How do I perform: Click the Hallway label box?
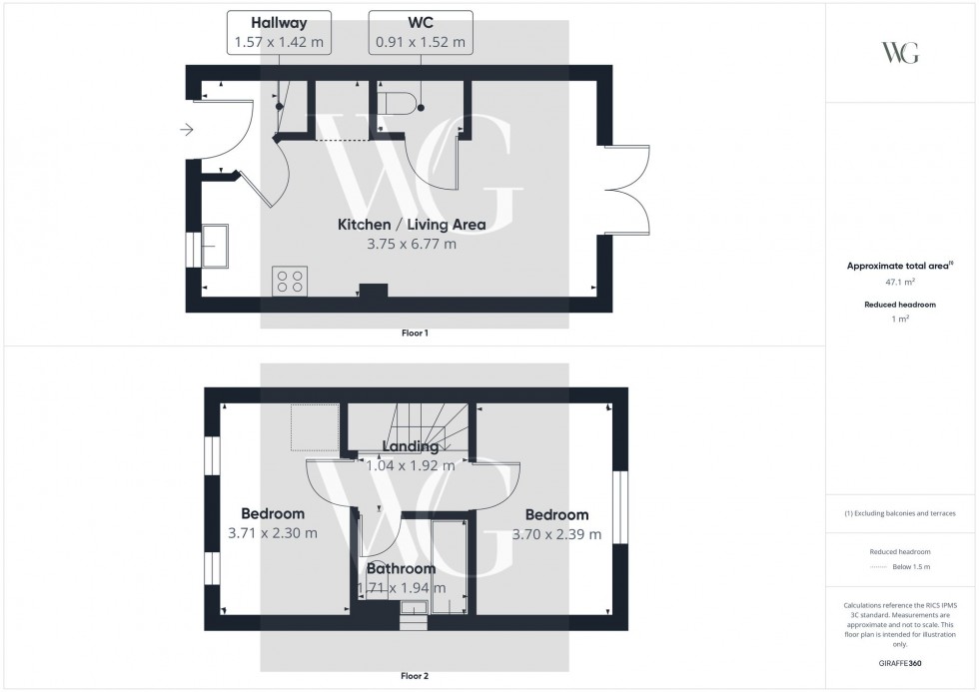[x=266, y=32]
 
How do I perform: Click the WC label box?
[x=420, y=32]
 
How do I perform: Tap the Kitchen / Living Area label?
[x=412, y=225]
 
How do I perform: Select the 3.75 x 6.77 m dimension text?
[x=412, y=244]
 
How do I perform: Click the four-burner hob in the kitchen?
[x=290, y=282]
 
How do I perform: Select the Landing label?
[x=411, y=446]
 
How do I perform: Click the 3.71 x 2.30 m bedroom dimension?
[x=273, y=534]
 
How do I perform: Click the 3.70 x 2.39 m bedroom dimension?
[x=556, y=534]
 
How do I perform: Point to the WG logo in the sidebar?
[x=900, y=53]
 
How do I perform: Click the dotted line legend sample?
[x=879, y=566]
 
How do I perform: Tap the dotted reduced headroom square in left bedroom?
[x=315, y=427]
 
